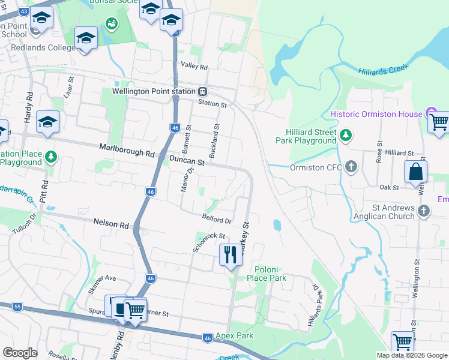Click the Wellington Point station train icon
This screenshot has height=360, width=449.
pos(203,91)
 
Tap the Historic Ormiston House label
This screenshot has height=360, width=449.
pos(376,114)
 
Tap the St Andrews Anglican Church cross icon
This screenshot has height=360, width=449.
pos(424,211)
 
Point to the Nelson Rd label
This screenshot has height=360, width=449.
pos(111,224)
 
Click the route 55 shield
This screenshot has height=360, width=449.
pos(17,307)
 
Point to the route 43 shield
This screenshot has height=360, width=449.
pos(24,11)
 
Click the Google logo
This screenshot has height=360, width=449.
pos(20,353)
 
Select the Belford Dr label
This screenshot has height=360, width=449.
pos(217,220)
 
